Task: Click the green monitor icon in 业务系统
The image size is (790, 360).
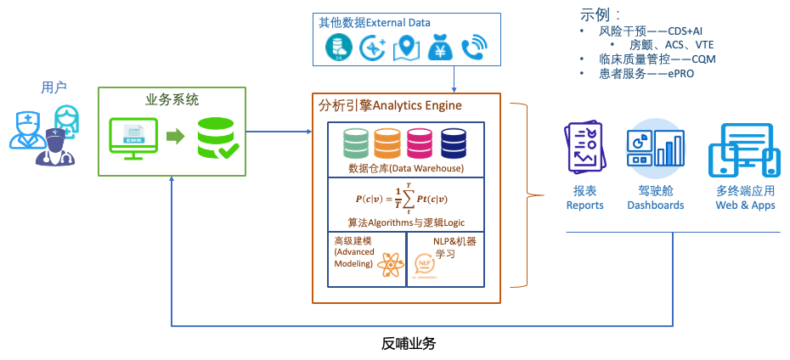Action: [x=133, y=137]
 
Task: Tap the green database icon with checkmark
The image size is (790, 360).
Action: [x=217, y=138]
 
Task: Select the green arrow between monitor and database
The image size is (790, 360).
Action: [x=174, y=137]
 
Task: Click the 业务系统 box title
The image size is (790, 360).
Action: [x=172, y=99]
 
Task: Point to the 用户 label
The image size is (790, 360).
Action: [x=54, y=87]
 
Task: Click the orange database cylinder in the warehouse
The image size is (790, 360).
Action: [x=388, y=143]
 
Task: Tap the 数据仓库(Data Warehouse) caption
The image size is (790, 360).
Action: [x=406, y=168]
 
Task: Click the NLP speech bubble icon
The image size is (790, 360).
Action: [x=424, y=266]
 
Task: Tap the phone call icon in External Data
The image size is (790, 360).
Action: [x=474, y=48]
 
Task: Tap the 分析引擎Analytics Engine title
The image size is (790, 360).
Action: [x=390, y=105]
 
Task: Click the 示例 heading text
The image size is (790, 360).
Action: [x=600, y=14]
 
